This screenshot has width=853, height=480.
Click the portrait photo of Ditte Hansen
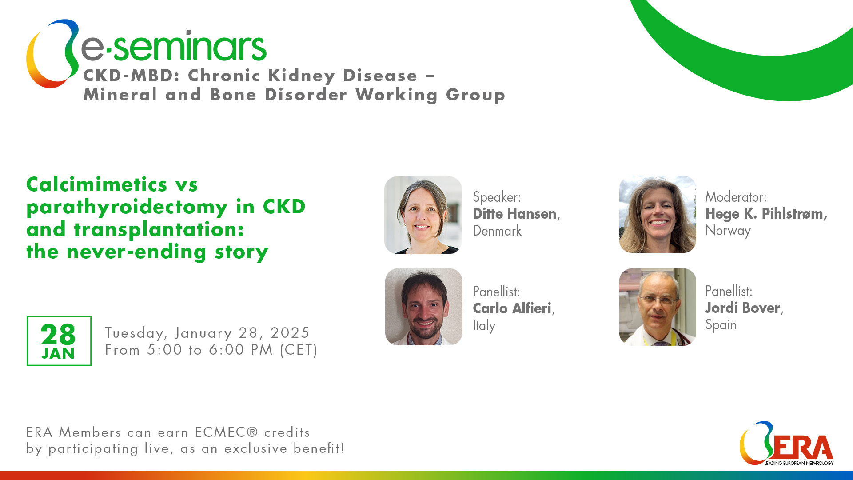(x=423, y=215)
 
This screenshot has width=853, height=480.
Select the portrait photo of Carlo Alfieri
(x=423, y=307)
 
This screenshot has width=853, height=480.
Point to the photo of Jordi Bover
(x=658, y=307)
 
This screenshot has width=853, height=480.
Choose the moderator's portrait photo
(x=658, y=214)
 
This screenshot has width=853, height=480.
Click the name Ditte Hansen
(x=514, y=214)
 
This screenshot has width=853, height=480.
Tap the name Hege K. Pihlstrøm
(x=766, y=214)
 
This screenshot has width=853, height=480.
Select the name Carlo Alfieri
(x=512, y=308)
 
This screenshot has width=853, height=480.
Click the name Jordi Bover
(x=743, y=308)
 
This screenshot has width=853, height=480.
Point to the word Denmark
(x=497, y=231)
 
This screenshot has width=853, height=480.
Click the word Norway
(x=728, y=231)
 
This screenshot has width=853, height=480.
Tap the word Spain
(x=721, y=325)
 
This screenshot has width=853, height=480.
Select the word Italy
(x=484, y=325)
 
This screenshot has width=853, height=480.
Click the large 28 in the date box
(x=58, y=335)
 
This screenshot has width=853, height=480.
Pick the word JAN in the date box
(x=58, y=354)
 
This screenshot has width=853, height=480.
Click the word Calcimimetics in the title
(x=97, y=184)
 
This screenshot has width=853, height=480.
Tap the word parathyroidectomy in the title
(x=127, y=207)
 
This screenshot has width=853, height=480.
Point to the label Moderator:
(x=736, y=197)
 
